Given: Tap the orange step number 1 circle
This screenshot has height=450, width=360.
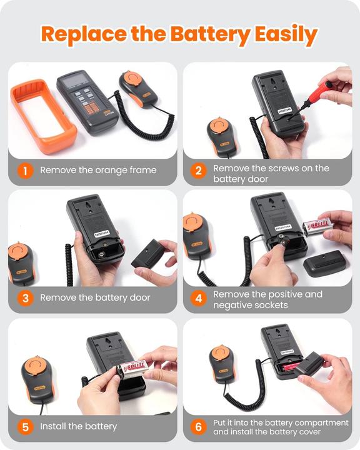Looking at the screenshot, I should coord(25,170).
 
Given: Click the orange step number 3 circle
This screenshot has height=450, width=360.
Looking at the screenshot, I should coord(25,298).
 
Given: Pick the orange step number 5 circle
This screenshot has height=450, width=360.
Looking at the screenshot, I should coord(25,427).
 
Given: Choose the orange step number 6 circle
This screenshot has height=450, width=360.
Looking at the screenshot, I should coord(198,427).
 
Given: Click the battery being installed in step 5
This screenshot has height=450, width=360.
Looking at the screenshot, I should coord(134,367).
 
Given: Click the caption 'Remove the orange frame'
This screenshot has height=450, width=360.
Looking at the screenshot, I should coord(98,170).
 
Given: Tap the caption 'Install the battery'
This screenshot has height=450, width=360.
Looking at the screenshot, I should coord(78,427).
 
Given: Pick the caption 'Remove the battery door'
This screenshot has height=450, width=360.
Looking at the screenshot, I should coord(95,298).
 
